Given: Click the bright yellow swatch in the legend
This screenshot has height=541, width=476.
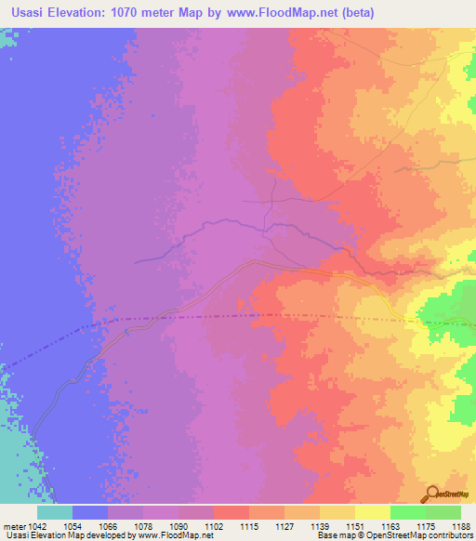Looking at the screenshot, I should (372, 512).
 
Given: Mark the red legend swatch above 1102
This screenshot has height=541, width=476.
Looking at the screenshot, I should (231, 512).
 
